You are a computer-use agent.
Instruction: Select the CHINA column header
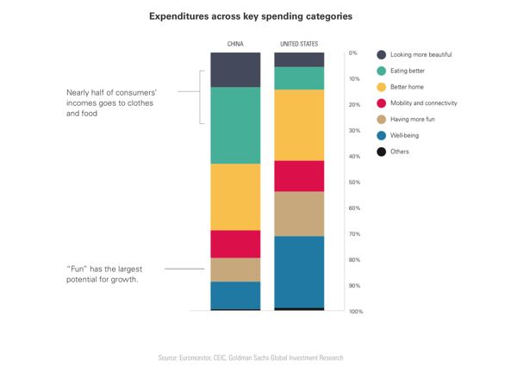click(x=234, y=43)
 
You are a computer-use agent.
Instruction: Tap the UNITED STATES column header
click(x=299, y=43)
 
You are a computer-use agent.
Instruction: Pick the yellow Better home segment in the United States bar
click(x=299, y=125)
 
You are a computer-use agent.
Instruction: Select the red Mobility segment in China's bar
click(x=235, y=244)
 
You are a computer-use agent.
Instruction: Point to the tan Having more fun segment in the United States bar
click(x=299, y=214)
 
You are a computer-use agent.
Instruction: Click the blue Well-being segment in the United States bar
click(x=299, y=271)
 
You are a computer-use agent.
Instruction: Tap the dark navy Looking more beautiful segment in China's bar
click(x=235, y=69)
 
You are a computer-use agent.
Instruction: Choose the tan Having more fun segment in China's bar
click(x=235, y=270)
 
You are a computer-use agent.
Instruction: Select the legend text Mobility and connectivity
click(x=423, y=102)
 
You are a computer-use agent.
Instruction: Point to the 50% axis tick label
click(x=353, y=183)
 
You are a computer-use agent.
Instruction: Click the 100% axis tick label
click(x=355, y=311)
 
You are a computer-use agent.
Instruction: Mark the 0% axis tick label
click(x=352, y=53)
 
